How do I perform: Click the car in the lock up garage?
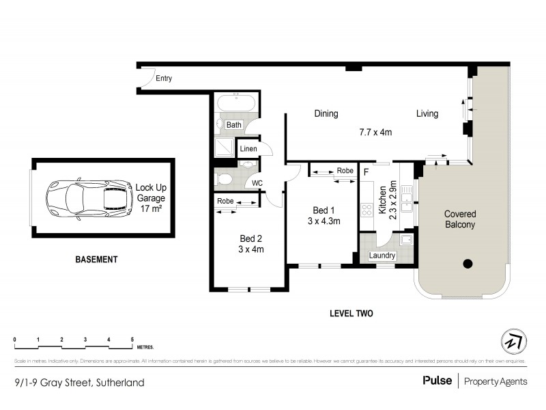click(89, 197)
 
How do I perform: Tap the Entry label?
click(164, 79)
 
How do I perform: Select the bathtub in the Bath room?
click(235, 105)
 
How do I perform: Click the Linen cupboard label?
click(248, 148)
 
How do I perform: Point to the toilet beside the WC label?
click(222, 180)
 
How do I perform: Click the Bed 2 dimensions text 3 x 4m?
click(251, 249)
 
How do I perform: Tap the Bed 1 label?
click(323, 210)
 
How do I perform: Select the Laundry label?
click(382, 256)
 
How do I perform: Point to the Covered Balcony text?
click(459, 219)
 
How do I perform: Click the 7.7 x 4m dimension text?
click(375, 133)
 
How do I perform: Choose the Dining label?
click(326, 114)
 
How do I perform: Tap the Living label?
click(427, 114)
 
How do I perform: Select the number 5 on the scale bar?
click(132, 340)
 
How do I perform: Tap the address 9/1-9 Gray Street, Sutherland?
click(79, 383)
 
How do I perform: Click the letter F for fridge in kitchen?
click(367, 172)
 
